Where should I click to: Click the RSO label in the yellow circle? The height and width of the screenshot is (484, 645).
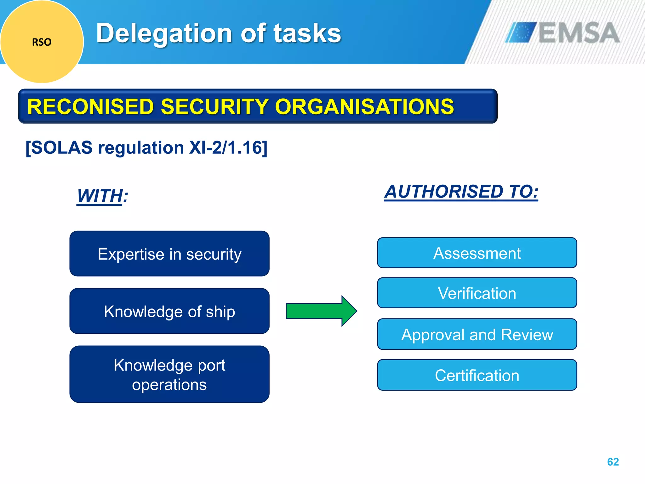pos(42,42)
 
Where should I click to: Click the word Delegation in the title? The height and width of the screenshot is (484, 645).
pos(164,34)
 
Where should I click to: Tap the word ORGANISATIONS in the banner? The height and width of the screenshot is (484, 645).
pos(364,107)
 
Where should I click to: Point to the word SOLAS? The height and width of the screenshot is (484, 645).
pos(62,147)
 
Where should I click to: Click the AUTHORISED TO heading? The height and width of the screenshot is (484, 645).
pos(461,192)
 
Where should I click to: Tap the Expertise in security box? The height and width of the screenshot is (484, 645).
pos(169,254)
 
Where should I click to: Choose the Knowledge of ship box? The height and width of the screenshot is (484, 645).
pos(169,311)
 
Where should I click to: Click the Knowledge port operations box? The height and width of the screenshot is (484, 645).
pos(169,374)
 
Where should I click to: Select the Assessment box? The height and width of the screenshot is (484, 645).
pos(477,253)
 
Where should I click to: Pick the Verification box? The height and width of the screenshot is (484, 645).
pos(477,293)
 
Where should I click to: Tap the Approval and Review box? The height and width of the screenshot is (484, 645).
pos(477,334)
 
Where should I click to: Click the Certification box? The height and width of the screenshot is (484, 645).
pos(477,375)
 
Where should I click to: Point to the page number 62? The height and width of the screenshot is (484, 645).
pos(613,462)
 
